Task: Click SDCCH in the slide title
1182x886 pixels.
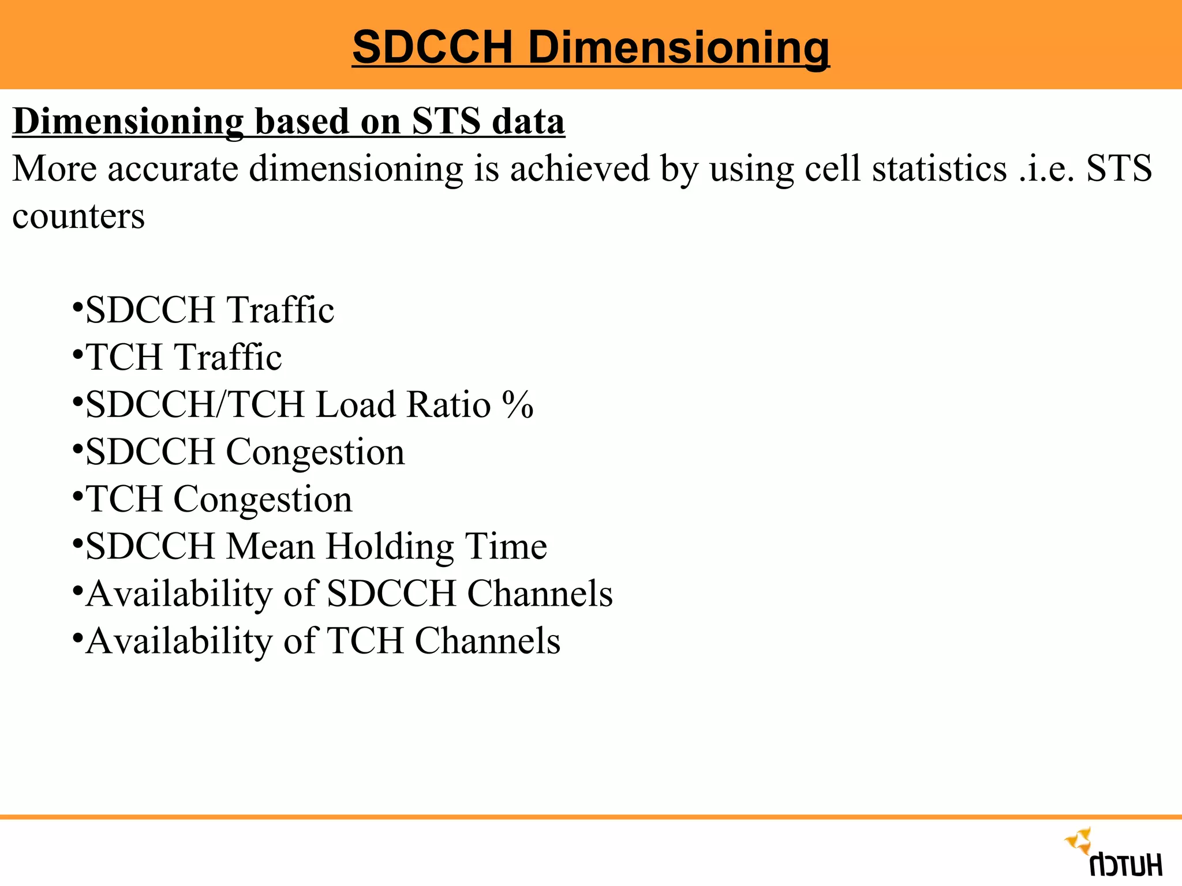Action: pos(432,47)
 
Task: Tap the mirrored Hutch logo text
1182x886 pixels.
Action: pos(1125,865)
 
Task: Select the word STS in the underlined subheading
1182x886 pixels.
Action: pos(446,122)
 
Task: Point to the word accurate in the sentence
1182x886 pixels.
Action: pos(173,170)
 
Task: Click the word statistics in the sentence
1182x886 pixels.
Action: pos(939,170)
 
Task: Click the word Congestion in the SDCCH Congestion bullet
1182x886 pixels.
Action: pos(315,452)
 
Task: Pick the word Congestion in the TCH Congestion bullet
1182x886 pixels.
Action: pos(263,499)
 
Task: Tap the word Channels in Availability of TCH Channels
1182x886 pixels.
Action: pos(487,641)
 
